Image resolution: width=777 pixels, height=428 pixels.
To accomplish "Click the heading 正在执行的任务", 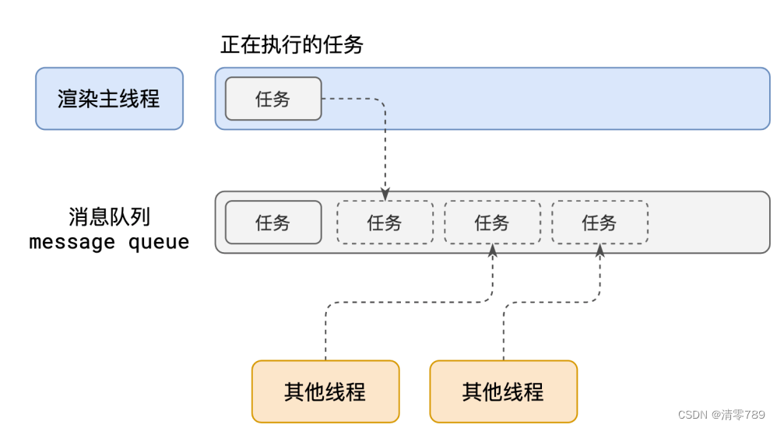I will pos(292,45).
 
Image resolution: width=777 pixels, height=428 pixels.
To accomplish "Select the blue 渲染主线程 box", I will pos(109,98).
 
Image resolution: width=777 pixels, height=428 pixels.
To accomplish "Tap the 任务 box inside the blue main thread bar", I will pos(273,99).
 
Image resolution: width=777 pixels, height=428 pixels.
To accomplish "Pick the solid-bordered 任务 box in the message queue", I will pos(273,223).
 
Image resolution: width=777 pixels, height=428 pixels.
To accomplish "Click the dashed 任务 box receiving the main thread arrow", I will pos(385,223).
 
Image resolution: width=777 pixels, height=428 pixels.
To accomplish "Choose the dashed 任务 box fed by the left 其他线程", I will pos(492,223).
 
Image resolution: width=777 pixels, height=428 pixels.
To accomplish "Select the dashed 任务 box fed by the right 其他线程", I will pos(599,223).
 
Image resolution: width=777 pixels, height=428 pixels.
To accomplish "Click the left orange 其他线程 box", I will pos(325,391).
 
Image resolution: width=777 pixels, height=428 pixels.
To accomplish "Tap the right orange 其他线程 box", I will pos(503,391).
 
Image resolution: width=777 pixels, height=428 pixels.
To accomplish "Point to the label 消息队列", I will pos(109,216).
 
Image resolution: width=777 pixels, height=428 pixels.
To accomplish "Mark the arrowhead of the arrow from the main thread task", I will pos(385,195).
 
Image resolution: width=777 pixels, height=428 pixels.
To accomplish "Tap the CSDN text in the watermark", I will pos(691,414).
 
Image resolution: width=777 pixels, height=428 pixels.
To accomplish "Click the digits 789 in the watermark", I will pos(755,414).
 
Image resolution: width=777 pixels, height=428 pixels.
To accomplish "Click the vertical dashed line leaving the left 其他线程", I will pos(325,335).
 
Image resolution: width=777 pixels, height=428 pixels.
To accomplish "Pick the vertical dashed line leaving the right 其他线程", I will pos(503,335).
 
